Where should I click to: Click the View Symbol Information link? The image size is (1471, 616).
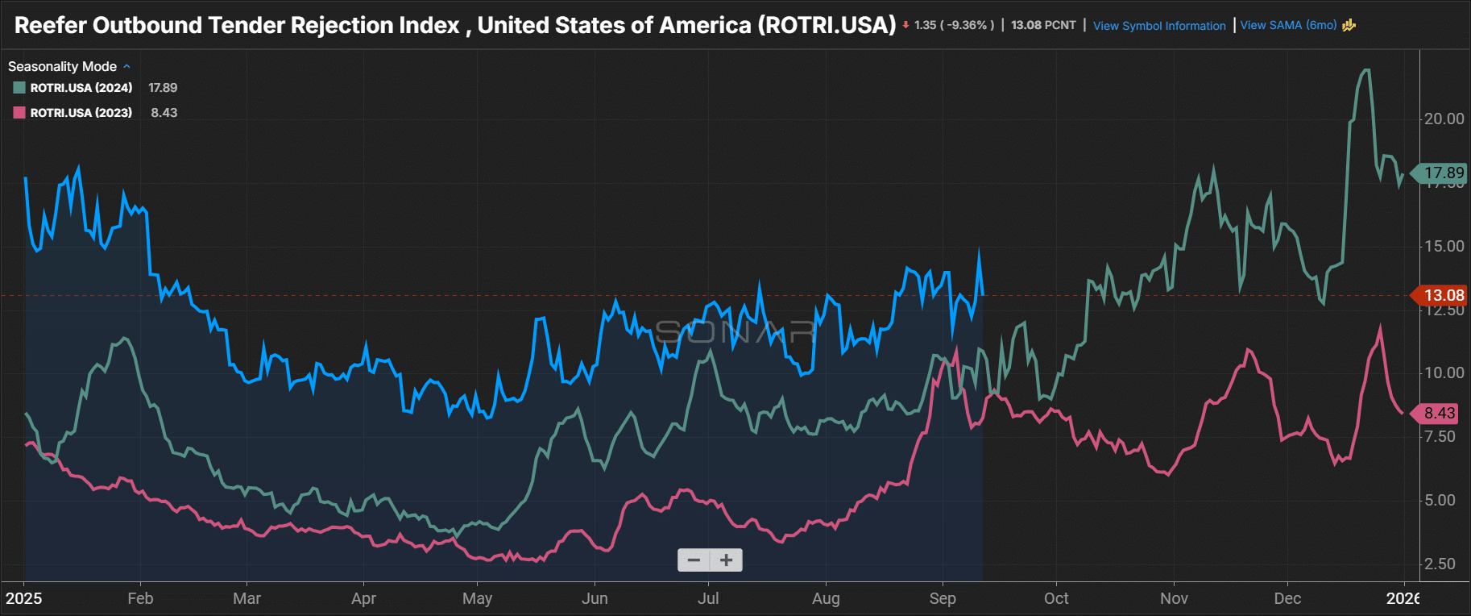[x=1158, y=26]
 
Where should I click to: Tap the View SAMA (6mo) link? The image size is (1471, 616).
[x=1287, y=25]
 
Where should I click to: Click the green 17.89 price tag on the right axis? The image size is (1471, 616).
[x=1442, y=173]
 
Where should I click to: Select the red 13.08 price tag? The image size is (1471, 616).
[x=1442, y=295]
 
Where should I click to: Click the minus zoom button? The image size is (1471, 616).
[x=694, y=560]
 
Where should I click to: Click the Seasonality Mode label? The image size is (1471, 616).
[x=62, y=66]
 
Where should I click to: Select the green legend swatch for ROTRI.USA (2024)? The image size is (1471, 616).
[x=19, y=88]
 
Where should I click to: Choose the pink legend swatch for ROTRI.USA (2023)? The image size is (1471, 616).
[x=19, y=113]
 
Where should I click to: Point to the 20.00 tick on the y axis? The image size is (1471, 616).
[x=1444, y=119]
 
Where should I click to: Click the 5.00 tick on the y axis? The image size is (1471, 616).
[x=1440, y=500]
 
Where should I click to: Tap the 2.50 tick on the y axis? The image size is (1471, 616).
[x=1440, y=564]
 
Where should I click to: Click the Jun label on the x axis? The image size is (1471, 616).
[x=595, y=598]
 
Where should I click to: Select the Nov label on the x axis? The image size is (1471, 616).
[x=1174, y=598]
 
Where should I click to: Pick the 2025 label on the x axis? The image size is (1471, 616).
[x=24, y=598]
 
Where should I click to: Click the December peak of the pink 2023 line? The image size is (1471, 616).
[x=1380, y=327]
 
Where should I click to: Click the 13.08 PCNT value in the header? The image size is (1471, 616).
[x=1043, y=25]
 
